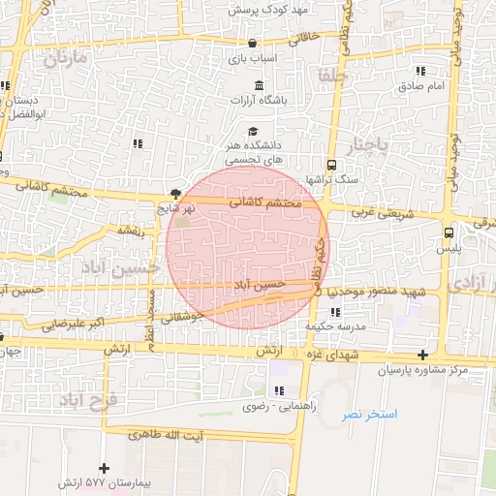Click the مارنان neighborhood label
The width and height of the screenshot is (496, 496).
coord(65,57)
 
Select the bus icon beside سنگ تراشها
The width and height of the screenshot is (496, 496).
coord(332,165)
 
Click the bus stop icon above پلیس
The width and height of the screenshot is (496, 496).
coord(448,232)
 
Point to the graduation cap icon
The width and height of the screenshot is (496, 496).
coord(253,132)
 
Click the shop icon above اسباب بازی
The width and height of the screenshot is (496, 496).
coord(252,44)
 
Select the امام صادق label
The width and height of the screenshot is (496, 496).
coord(420,86)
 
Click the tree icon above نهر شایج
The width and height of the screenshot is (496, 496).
coord(175,193)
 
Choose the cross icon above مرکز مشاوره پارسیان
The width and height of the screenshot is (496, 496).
coord(421,355)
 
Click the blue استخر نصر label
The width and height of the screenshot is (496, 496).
coord(363,415)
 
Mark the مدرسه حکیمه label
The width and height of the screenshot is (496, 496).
coord(333,326)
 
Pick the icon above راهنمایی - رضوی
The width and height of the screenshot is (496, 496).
coord(279,391)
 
